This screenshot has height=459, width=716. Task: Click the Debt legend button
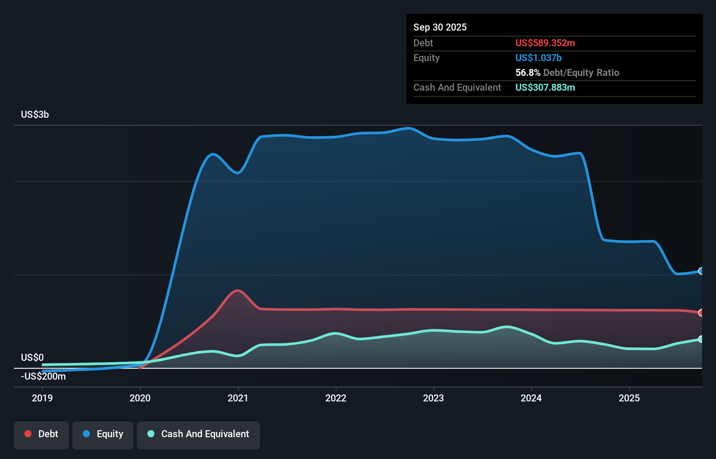(41, 434)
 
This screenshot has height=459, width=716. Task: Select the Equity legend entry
(103, 434)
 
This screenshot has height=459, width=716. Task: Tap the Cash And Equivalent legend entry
(198, 434)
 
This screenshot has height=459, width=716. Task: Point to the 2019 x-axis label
(42, 398)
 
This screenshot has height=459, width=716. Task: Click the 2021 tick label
(238, 398)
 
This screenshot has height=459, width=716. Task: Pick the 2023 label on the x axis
(433, 398)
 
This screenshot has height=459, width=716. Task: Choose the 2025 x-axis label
(629, 398)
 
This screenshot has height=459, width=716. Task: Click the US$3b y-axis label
(35, 115)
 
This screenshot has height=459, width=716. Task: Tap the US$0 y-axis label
(32, 358)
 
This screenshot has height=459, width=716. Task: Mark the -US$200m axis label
(43, 377)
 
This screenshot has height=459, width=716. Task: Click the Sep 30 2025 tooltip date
(440, 27)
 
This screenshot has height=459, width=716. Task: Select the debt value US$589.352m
(545, 43)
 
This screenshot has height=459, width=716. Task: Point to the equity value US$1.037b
(539, 58)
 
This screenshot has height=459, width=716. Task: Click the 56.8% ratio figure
(528, 73)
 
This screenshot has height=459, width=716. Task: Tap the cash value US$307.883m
(545, 88)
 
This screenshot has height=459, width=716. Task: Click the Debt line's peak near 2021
(238, 290)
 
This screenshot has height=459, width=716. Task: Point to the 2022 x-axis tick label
(336, 398)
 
